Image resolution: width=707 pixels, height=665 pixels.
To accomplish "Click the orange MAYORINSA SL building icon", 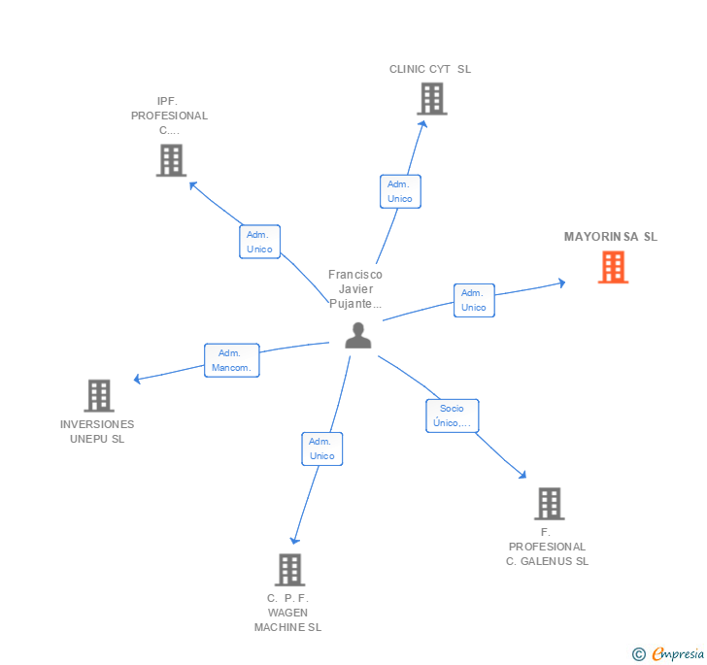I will (613, 267).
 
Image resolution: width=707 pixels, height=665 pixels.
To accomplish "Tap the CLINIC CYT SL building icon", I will (431, 99).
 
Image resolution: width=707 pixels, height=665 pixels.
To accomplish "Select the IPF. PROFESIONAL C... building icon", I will (171, 160).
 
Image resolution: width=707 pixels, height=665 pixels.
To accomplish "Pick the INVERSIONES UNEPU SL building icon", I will (99, 395).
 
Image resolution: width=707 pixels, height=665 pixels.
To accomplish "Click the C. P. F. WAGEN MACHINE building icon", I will (289, 570).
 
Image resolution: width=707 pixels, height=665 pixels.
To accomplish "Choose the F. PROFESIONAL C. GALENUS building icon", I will (549, 504).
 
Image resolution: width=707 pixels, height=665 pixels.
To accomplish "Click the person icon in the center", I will (358, 335).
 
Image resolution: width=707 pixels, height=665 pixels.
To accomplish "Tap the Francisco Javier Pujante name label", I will (355, 289).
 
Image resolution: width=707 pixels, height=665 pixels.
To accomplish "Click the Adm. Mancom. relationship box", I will (231, 360).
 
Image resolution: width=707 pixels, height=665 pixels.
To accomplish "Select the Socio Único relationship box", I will (452, 416).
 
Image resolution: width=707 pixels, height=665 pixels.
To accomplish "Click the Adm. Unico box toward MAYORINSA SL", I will (473, 300).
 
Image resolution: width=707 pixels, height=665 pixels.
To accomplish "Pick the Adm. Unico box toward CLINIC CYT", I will (399, 191).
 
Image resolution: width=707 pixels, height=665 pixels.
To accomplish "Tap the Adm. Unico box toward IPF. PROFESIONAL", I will (259, 242).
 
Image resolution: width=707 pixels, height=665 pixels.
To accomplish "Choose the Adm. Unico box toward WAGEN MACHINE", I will (321, 449).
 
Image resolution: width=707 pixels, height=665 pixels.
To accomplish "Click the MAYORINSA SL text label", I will (610, 237).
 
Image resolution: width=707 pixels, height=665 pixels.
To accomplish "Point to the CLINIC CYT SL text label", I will (429, 70).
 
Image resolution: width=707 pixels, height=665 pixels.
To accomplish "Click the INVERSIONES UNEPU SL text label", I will (97, 431).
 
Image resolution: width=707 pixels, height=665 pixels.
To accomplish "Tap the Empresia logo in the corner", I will (668, 654).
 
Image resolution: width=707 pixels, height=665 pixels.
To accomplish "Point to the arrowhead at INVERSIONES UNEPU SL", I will (137, 380).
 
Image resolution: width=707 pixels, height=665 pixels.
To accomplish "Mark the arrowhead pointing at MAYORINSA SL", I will (561, 283).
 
